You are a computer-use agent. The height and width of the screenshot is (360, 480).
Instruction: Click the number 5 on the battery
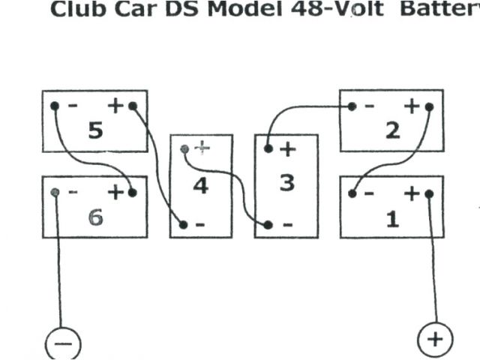tap(95, 130)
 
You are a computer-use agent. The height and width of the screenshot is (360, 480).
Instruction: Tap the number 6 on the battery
tap(95, 217)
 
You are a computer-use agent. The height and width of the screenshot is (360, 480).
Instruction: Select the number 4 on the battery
tap(200, 184)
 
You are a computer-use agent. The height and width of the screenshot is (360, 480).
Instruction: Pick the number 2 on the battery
tap(391, 130)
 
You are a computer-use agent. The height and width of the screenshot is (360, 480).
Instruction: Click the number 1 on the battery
tap(391, 220)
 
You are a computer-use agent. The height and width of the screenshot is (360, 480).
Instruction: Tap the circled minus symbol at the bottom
tap(63, 343)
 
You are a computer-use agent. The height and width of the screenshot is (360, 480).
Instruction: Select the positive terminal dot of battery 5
tap(133, 106)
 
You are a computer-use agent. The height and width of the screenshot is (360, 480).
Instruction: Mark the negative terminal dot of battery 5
tap(55, 106)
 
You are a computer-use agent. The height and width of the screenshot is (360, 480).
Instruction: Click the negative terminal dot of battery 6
tap(55, 193)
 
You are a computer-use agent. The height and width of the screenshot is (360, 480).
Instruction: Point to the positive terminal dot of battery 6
tap(133, 193)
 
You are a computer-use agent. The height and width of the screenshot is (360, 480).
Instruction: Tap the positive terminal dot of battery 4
tap(185, 149)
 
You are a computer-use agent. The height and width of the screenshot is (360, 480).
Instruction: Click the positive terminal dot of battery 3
tap(268, 149)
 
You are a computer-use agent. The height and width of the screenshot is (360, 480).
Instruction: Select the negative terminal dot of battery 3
tap(268, 223)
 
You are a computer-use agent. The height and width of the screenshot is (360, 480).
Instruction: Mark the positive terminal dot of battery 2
tap(429, 106)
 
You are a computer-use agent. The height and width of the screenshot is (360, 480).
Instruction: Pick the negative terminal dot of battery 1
tap(352, 193)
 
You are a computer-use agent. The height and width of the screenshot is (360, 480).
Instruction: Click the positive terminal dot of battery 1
tap(429, 193)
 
